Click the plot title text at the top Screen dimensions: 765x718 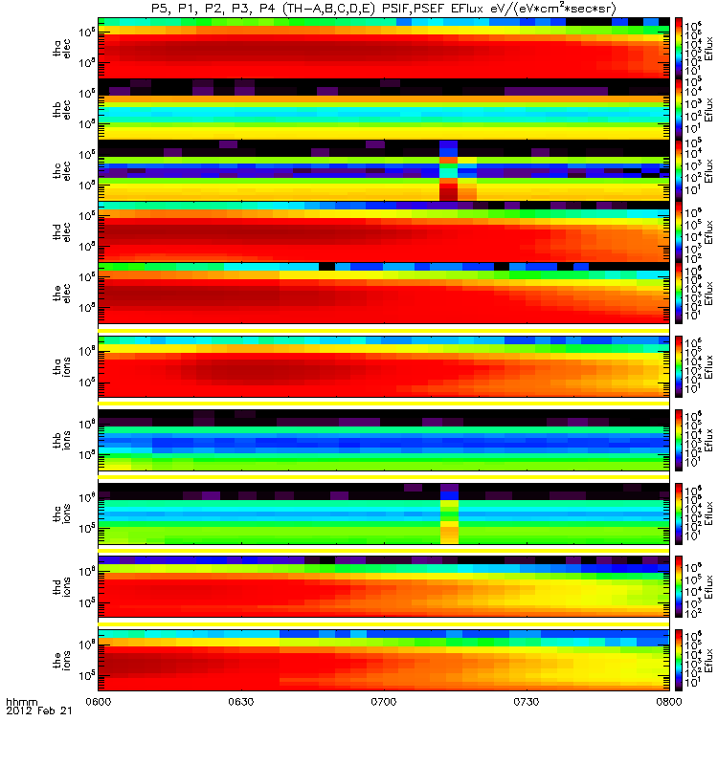tap(383, 8)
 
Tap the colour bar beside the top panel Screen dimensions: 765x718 tap(679, 47)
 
